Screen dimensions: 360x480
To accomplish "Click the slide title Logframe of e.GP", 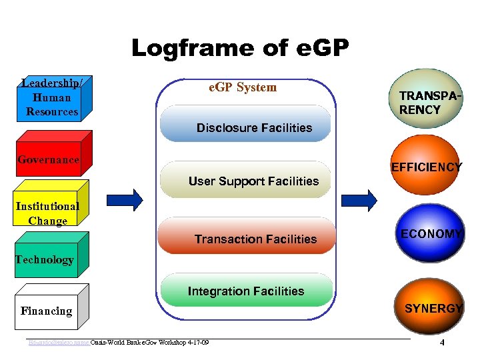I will tap(239, 48).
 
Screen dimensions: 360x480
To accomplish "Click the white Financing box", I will tap(47, 311).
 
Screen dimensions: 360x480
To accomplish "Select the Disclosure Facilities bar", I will tap(254, 127).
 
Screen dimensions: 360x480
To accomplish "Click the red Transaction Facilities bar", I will tap(255, 239).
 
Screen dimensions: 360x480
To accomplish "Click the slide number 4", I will tap(441, 343).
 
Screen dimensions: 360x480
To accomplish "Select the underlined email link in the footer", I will tap(57, 343).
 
